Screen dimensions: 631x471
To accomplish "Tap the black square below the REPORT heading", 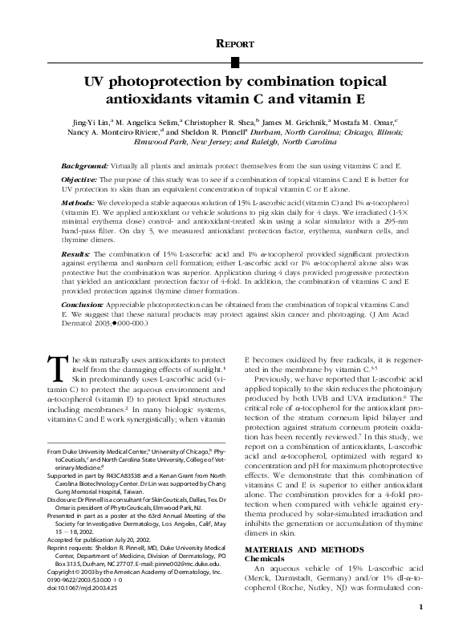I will click(x=235, y=62).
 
